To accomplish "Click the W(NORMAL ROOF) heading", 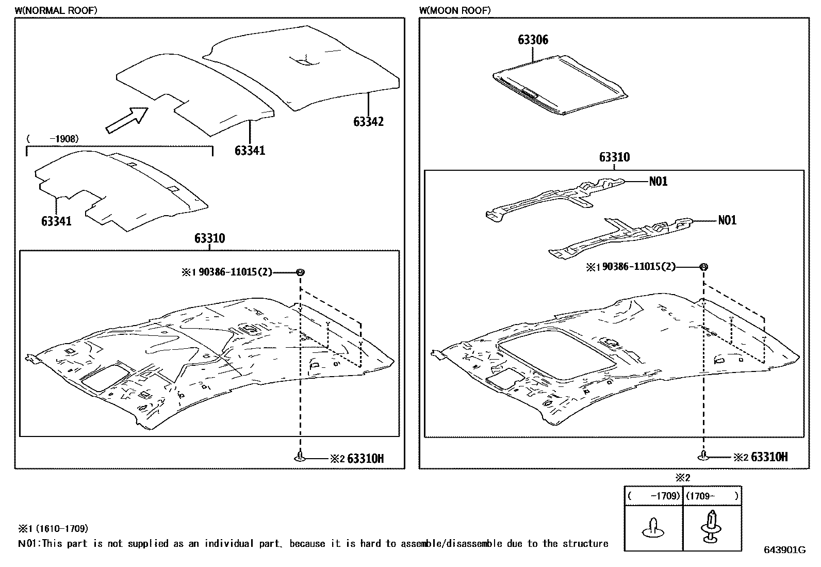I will click(x=56, y=10).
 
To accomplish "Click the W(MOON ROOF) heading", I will click(x=455, y=10).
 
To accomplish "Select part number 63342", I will click(x=368, y=122).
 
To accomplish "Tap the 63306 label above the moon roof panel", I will click(x=533, y=40).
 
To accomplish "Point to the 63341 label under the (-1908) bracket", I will click(x=56, y=221).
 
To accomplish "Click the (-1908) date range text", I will click(x=52, y=139).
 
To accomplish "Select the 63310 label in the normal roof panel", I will click(x=209, y=239).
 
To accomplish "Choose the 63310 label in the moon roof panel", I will click(x=614, y=157).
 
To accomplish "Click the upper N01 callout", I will click(x=658, y=181).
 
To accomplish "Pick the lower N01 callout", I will click(x=727, y=220).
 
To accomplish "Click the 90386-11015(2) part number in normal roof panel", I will click(x=235, y=272).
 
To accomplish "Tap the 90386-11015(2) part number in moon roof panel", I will click(x=638, y=267).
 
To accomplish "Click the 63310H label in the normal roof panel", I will click(x=365, y=458).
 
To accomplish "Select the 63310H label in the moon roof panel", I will click(x=769, y=457).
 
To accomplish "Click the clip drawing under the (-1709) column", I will click(x=653, y=529).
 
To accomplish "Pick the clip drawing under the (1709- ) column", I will click(x=712, y=527).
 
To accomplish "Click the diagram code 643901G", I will click(x=784, y=550).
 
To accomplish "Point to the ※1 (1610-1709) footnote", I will click(x=53, y=529).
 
